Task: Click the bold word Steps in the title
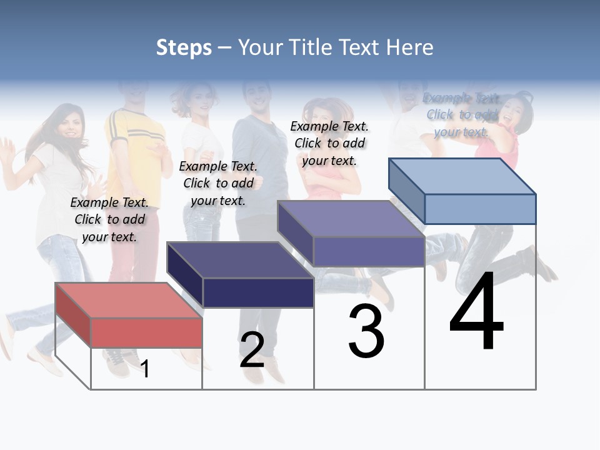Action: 184,47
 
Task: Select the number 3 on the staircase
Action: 366,331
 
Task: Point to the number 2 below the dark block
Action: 252,350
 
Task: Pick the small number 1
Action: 145,369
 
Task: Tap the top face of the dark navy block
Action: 239,259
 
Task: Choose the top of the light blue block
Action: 461,176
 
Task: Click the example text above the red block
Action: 109,219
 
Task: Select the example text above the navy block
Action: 218,183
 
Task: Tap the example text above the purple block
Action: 329,143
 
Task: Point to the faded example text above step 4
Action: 462,114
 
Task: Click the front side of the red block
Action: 146,332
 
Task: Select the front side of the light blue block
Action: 480,209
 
